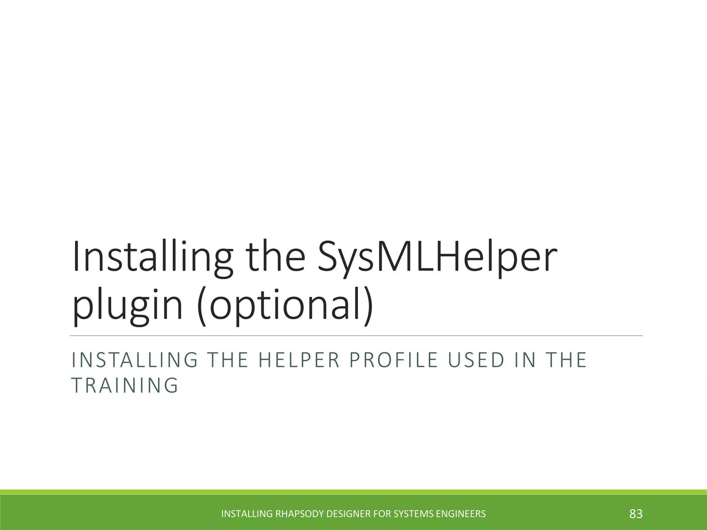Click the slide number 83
[636, 514]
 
